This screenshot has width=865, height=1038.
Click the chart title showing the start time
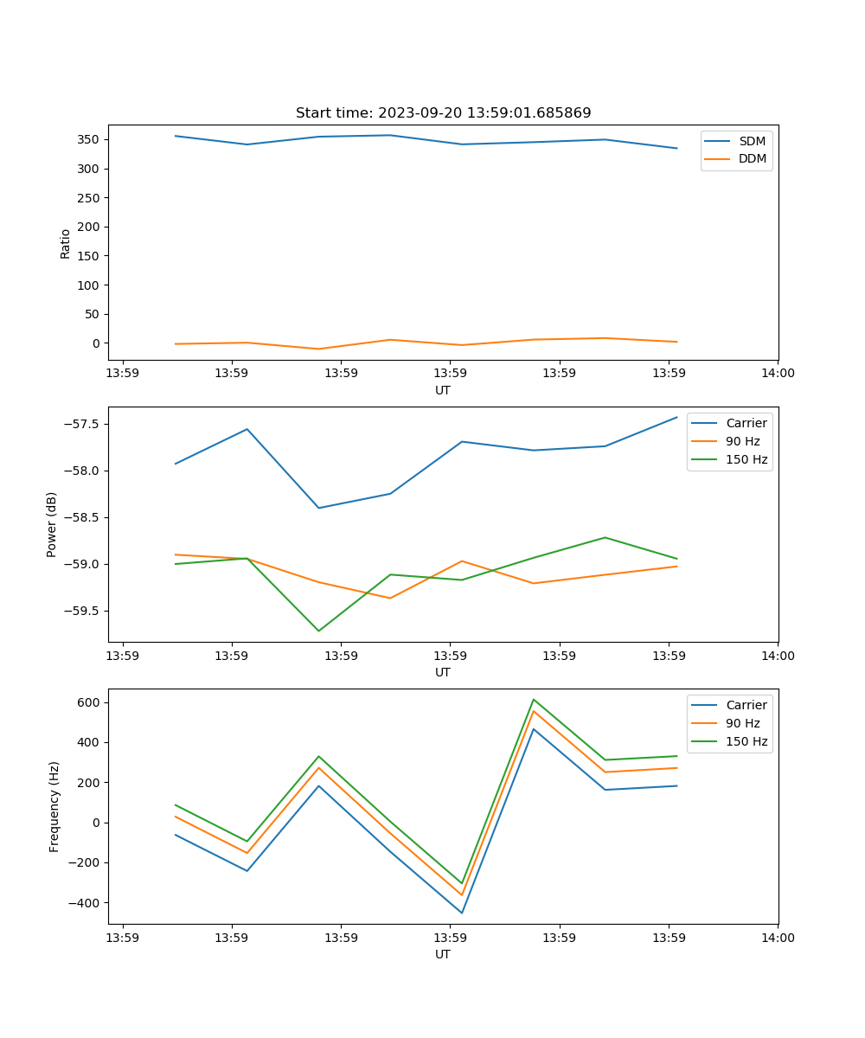[x=443, y=113]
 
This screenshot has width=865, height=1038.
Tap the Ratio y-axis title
[x=66, y=244]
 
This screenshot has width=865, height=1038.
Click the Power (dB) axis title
[x=52, y=524]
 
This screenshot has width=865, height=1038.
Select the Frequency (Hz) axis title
[x=54, y=806]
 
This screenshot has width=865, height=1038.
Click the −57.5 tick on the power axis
[x=80, y=424]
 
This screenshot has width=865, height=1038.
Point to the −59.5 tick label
[x=80, y=611]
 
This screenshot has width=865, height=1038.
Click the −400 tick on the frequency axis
[x=84, y=903]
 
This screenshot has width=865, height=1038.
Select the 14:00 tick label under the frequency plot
[x=778, y=938]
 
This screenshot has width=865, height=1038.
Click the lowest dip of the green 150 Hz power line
[x=318, y=631]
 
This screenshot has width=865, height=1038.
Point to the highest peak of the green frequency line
[x=534, y=699]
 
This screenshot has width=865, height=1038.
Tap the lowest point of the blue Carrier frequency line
[x=462, y=913]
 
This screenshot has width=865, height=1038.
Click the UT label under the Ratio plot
[x=443, y=390]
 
